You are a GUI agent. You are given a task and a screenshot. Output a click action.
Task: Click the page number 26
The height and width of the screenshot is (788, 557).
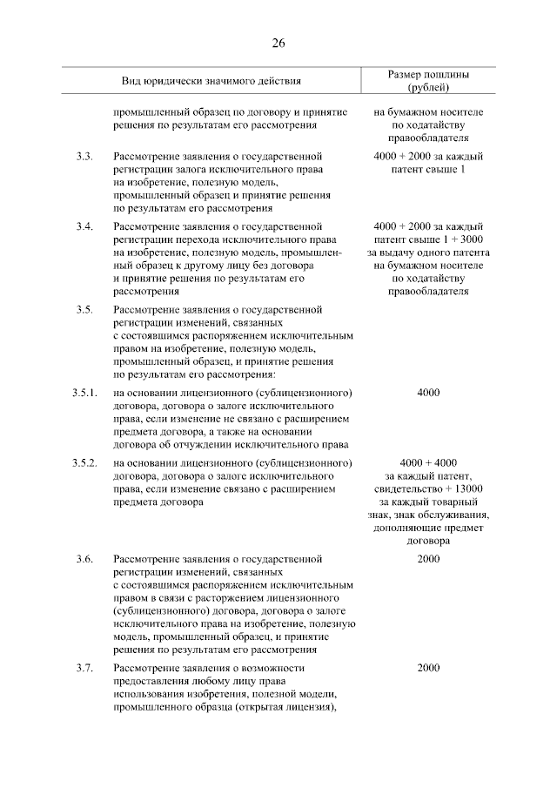coord(278,44)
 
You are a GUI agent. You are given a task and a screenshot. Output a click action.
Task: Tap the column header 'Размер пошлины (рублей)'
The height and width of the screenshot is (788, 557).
coord(427,81)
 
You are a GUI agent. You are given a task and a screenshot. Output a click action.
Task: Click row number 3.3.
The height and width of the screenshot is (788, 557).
coord(84,157)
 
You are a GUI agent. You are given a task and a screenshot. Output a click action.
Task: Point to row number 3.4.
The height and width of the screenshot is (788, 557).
coord(84,226)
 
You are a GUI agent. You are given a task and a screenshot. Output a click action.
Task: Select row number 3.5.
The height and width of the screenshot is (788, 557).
coord(84,310)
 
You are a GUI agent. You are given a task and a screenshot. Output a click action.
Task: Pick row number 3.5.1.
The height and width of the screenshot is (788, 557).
coord(84,393)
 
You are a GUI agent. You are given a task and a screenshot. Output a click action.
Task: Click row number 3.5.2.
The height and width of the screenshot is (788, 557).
coord(84,461)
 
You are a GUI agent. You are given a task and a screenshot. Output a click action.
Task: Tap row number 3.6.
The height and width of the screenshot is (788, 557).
coord(84,558)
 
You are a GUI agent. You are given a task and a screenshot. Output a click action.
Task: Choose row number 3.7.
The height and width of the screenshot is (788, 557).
coord(84,668)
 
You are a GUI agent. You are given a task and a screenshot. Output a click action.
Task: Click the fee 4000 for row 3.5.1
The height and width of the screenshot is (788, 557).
coord(428,393)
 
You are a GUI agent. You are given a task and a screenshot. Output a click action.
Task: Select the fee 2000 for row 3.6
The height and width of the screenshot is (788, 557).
coord(428,558)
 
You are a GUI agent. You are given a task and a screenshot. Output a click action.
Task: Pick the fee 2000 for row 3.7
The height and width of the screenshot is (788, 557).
coord(428,668)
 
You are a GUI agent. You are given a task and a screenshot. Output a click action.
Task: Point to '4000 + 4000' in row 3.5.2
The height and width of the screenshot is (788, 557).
coord(428,461)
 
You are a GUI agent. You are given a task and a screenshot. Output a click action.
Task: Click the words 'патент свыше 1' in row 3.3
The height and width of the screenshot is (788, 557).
coord(428,170)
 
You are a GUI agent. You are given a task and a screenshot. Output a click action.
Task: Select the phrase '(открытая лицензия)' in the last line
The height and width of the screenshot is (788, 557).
coord(290,708)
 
